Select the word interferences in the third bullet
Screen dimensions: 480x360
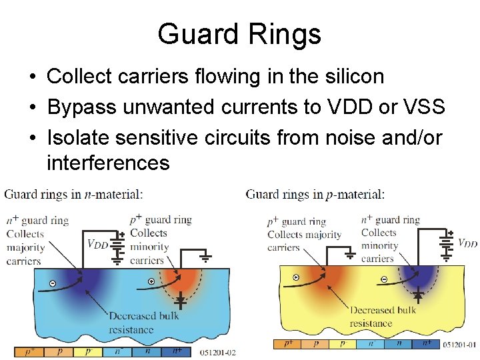[x=108, y=162]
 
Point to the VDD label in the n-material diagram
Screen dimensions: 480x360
[x=97, y=244]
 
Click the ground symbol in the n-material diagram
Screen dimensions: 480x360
[x=207, y=256]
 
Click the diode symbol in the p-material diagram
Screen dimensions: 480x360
[x=418, y=293]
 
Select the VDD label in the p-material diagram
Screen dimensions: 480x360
[x=467, y=244]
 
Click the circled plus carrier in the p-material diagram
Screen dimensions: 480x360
[x=296, y=277]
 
